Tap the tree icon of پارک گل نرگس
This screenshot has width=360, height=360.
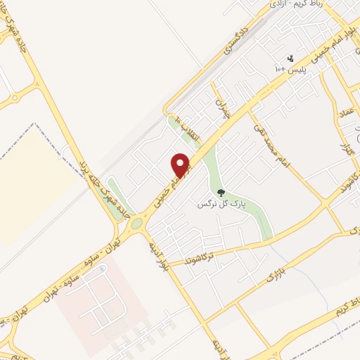pyautogui.click(x=221, y=192)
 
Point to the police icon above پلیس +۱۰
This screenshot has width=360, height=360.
pyautogui.click(x=289, y=58)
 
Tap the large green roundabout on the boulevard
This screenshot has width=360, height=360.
pyautogui.click(x=136, y=224)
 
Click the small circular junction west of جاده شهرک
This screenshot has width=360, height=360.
pyautogui.click(x=33, y=89)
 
